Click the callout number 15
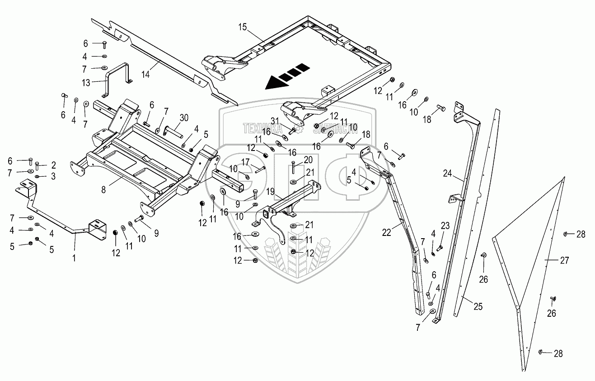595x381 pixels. click(243, 27)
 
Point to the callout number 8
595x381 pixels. click(103, 190)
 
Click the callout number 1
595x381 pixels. click(75, 259)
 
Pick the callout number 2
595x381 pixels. click(53, 165)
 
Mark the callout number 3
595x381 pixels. click(53, 176)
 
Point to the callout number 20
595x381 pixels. click(308, 160)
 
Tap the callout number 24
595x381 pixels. click(447, 173)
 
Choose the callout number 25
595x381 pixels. click(478, 306)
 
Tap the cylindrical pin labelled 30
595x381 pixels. click(174, 133)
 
